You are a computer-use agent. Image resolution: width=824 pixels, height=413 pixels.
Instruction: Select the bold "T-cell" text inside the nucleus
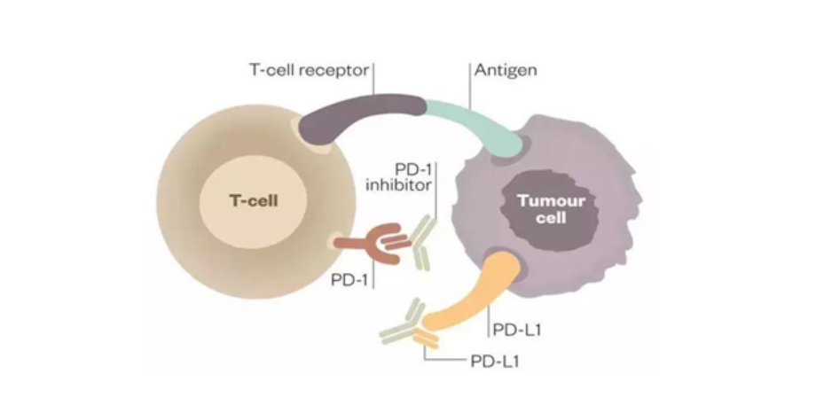(x=254, y=201)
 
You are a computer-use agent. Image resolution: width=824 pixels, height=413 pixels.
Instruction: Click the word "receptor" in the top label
(x=338, y=68)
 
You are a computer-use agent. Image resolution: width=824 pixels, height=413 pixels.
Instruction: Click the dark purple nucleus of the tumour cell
(x=545, y=208)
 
